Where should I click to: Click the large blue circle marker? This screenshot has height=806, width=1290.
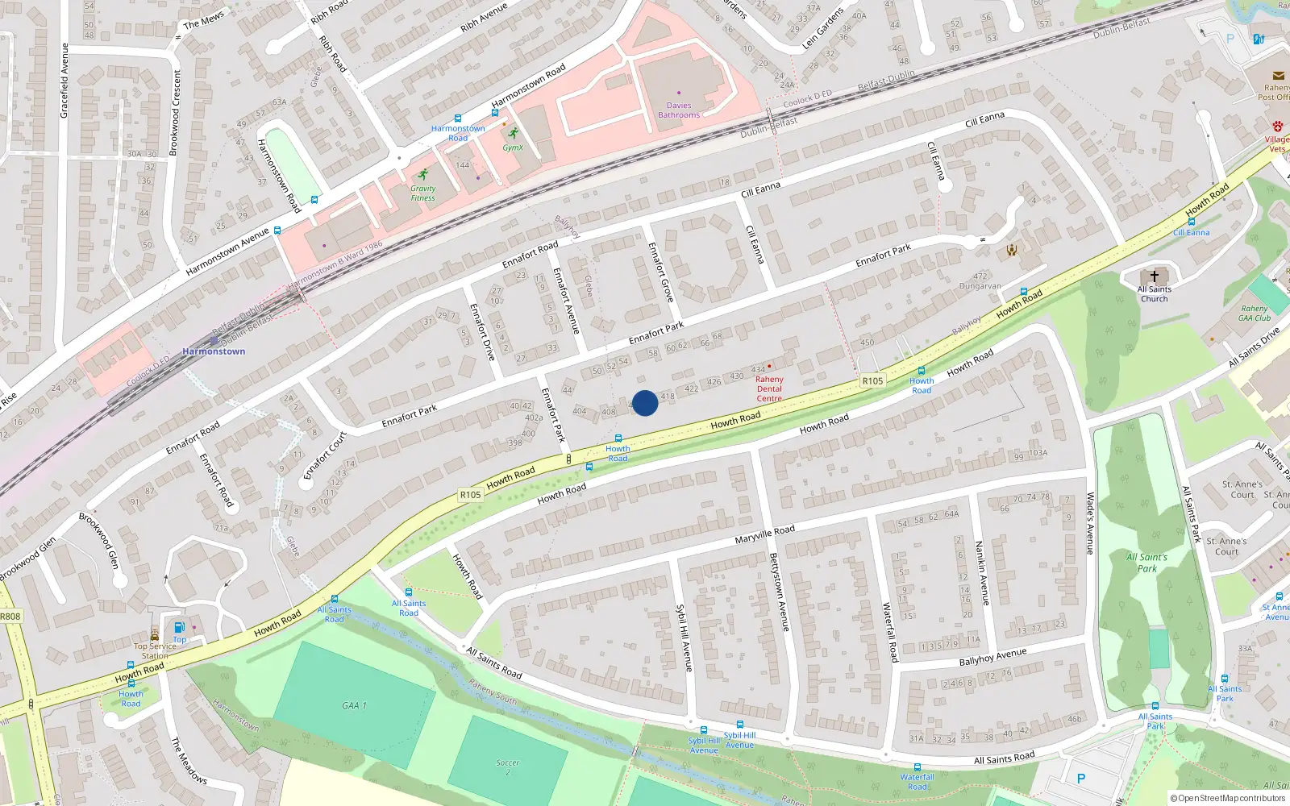[644, 403]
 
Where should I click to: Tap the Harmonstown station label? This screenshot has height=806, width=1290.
[214, 351]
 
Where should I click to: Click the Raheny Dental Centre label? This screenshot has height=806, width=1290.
[769, 388]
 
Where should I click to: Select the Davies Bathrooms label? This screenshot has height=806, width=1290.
[679, 110]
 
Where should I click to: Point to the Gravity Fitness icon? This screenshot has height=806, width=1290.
[422, 175]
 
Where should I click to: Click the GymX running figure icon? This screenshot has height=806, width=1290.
[513, 134]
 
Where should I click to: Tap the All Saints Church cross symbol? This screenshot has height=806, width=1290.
[1154, 276]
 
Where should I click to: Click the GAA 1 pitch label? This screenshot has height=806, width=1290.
[354, 705]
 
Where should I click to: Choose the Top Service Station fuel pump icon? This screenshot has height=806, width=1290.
[179, 628]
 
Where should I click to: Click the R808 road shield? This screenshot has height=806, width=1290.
[10, 617]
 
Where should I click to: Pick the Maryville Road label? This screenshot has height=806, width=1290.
[764, 534]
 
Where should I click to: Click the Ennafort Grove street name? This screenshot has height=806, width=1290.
[660, 272]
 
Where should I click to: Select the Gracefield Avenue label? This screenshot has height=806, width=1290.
[64, 81]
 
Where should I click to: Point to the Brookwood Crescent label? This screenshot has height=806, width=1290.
[174, 112]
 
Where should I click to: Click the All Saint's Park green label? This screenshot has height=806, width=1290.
[1146, 563]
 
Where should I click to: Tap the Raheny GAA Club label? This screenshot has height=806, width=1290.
[1255, 313]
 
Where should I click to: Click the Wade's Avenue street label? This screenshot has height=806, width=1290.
[1089, 524]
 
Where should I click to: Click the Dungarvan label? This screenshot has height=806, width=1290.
[980, 286]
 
